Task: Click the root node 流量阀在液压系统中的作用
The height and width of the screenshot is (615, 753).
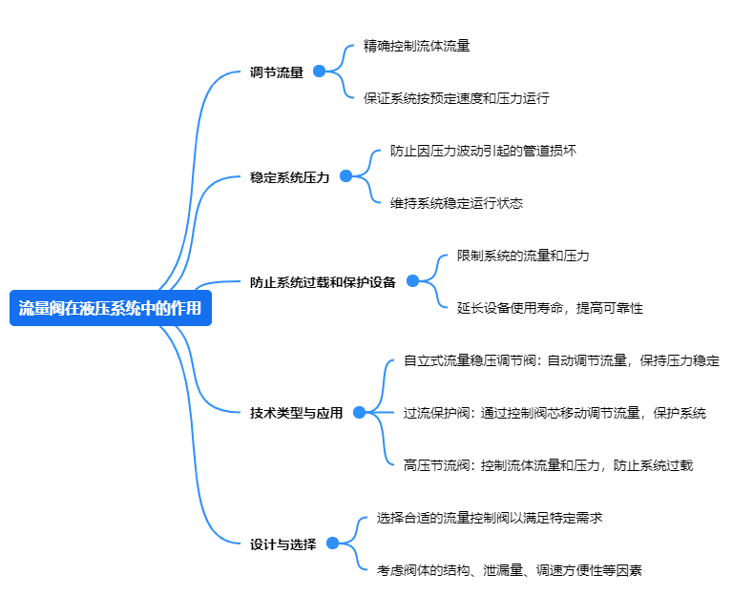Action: click(110, 308)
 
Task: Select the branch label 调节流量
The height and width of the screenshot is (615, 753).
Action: click(276, 72)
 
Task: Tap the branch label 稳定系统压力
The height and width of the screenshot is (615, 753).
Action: click(289, 176)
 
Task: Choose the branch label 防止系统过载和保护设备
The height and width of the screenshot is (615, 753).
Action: click(323, 281)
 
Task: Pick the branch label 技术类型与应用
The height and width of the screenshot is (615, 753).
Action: click(296, 413)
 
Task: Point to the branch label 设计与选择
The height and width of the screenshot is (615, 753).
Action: click(282, 543)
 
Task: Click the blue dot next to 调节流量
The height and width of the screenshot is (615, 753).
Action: click(319, 71)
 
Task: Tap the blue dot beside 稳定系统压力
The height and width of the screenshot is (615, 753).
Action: click(345, 175)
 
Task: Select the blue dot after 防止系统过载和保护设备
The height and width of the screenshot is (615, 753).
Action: click(412, 280)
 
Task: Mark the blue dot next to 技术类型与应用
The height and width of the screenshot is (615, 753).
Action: click(359, 412)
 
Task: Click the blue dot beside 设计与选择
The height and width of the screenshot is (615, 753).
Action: click(332, 543)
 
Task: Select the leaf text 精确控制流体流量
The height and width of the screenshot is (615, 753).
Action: click(416, 45)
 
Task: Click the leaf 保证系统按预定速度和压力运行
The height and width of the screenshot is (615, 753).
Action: click(456, 97)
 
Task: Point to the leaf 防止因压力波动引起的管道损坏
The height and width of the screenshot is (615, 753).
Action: click(483, 150)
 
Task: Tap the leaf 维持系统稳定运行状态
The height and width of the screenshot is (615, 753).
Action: click(456, 202)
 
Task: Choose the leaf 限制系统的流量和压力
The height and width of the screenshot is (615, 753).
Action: click(523, 256)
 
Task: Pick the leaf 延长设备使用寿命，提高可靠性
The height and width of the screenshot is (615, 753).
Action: click(550, 308)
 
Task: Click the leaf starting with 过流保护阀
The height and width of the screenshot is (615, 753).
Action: click(554, 413)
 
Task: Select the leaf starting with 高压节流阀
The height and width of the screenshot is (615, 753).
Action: click(548, 465)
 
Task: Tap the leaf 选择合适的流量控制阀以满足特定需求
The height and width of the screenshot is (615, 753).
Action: click(489, 518)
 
